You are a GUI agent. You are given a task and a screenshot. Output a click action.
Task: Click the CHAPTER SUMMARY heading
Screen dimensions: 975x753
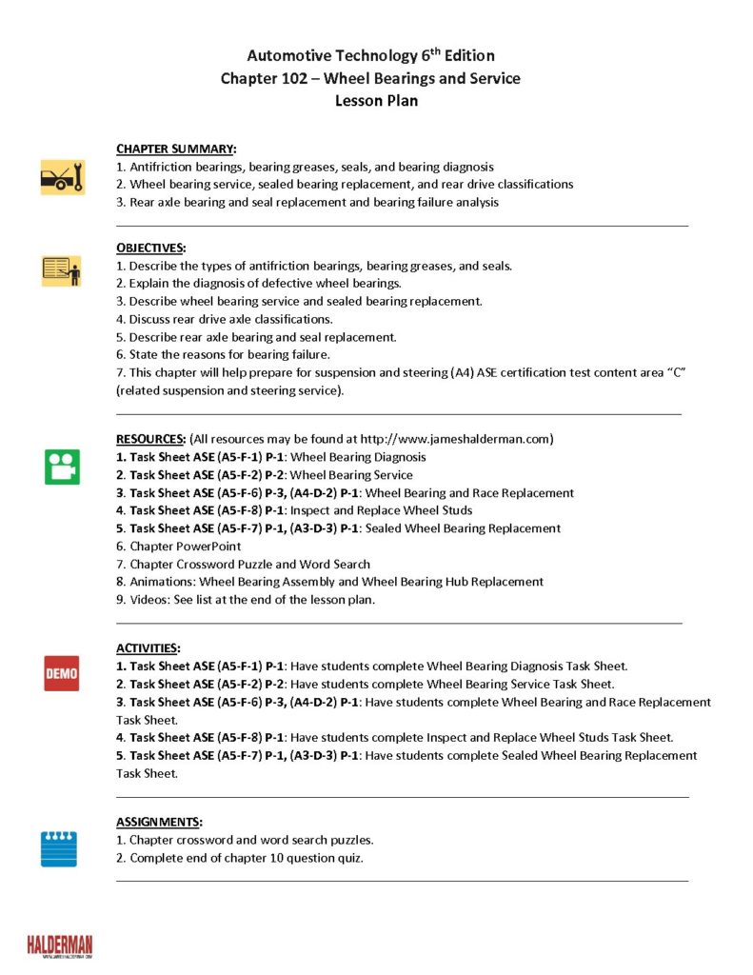[x=176, y=149]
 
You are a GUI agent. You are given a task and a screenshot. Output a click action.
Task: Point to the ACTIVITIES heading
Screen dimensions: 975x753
[x=148, y=648]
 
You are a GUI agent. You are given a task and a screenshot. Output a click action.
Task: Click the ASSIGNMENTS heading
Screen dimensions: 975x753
[x=159, y=822]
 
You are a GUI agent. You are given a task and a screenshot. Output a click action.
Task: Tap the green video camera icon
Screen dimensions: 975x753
[x=62, y=467]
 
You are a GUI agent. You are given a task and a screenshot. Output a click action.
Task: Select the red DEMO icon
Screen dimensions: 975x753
[x=62, y=673]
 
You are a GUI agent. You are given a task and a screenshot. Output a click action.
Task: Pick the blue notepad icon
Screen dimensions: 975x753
[x=59, y=848]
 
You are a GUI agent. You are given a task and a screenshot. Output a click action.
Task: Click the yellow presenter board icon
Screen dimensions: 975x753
[x=62, y=270]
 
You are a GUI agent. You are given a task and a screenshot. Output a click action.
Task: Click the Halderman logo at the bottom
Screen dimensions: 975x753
[x=59, y=945]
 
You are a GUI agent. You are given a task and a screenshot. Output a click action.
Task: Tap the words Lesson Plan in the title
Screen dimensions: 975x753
[x=376, y=101]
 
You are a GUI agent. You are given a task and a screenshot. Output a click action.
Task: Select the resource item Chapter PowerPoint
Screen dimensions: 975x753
[x=179, y=547]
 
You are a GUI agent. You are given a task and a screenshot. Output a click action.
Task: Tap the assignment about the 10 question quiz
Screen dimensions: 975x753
[x=240, y=858]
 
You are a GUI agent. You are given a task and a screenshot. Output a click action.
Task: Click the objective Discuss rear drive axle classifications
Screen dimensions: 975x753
[x=225, y=319]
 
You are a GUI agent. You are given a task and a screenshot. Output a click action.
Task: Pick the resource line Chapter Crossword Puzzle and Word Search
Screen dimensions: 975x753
[x=243, y=564]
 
